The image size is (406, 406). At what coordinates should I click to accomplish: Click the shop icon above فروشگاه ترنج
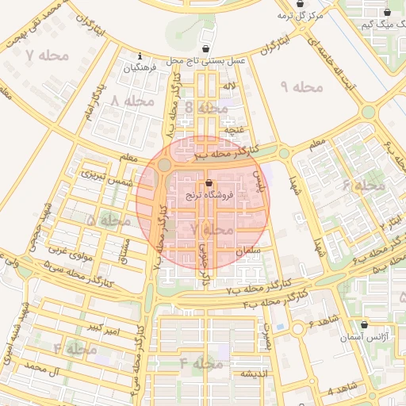point(209,182)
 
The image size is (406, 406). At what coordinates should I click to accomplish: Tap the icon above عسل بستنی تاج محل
point(207,48)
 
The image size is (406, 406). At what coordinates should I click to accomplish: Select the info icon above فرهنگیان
point(140,56)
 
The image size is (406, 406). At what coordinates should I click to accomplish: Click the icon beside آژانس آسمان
point(364,324)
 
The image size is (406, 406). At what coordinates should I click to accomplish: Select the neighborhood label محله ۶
point(363,185)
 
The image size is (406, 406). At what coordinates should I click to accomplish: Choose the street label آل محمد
point(44,369)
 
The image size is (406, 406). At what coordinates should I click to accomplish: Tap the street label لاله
point(230,86)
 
